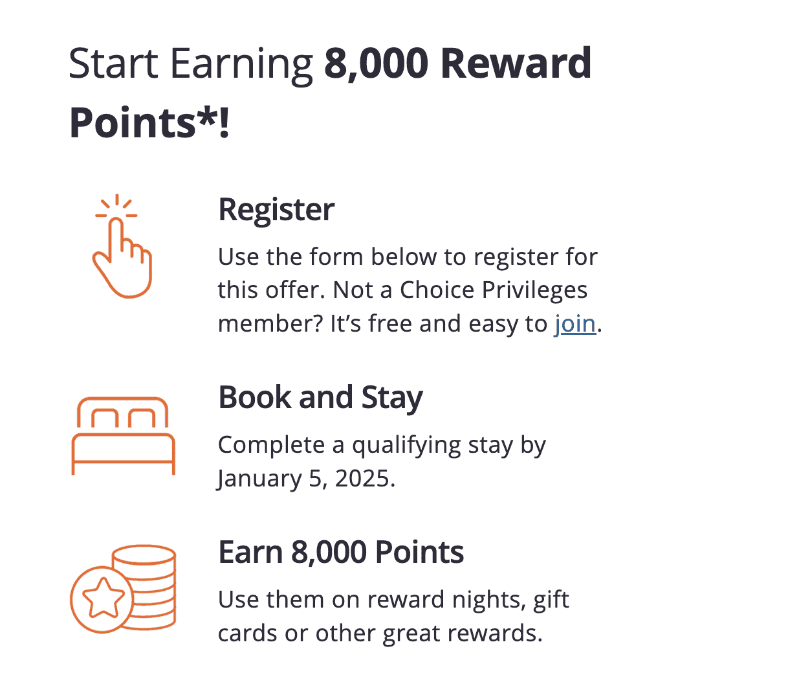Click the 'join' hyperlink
pyautogui.click(x=575, y=323)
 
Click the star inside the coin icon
pyautogui.click(x=102, y=599)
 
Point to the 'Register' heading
pyautogui.click(x=276, y=210)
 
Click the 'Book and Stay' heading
pyautogui.click(x=320, y=398)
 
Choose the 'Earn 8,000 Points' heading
pyautogui.click(x=341, y=553)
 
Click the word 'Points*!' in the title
pyautogui.click(x=149, y=123)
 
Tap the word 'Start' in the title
pyautogui.click(x=113, y=63)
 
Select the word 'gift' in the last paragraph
pyautogui.click(x=551, y=600)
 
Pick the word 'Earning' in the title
pyautogui.click(x=241, y=65)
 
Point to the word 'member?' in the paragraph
pyautogui.click(x=270, y=323)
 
